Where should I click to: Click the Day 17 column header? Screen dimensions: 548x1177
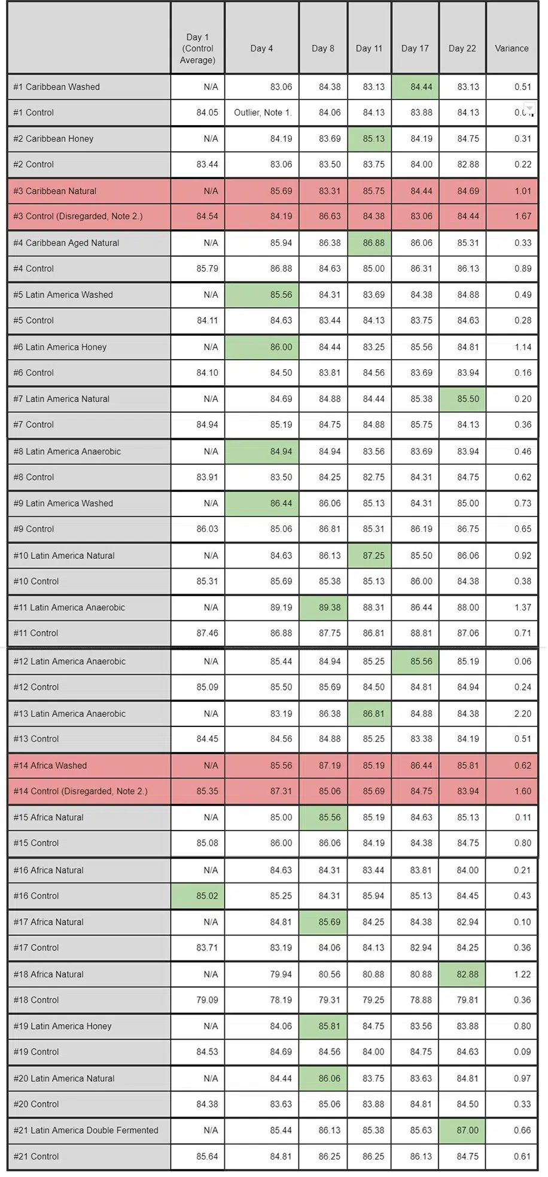[415, 48]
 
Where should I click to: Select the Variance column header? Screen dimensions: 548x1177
[512, 48]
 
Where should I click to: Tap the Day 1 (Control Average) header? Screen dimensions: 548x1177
[197, 48]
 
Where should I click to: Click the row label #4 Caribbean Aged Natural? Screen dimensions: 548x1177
[66, 243]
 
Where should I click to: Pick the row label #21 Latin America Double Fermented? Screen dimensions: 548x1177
[86, 1130]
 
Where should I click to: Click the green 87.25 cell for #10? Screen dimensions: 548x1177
[369, 556]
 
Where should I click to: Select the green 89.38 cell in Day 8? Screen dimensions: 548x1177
[323, 608]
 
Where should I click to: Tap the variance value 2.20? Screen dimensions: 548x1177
[522, 714]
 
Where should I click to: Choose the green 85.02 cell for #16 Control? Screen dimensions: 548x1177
[197, 896]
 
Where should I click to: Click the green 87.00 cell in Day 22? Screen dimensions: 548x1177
[462, 1131]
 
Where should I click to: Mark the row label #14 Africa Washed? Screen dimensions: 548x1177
[50, 766]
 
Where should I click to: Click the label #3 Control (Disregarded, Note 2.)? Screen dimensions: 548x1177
[78, 217]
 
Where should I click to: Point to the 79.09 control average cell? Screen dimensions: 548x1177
[207, 1000]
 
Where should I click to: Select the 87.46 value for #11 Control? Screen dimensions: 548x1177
[207, 633]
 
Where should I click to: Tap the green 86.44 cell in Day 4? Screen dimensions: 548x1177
[262, 504]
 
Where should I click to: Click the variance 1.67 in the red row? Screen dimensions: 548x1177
[522, 217]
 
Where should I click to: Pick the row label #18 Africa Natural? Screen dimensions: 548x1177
[48, 974]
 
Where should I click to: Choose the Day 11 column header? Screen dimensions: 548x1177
[369, 48]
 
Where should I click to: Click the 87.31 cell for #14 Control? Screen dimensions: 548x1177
[281, 792]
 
